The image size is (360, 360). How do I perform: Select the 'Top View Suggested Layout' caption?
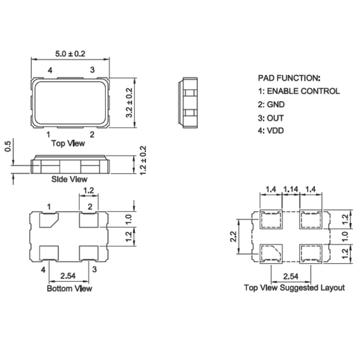pyautogui.click(x=294, y=287)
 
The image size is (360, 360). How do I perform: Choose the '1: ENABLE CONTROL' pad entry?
pyautogui.click(x=298, y=91)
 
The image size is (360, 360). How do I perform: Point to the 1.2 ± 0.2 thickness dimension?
pyautogui.click(x=143, y=161)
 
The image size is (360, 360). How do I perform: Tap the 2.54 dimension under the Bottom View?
pyautogui.click(x=69, y=276)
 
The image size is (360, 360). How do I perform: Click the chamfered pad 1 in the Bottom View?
pyautogui.click(x=48, y=221)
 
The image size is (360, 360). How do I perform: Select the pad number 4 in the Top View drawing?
pyautogui.click(x=49, y=71)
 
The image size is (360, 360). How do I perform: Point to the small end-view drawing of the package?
pyautogui.click(x=189, y=101)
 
